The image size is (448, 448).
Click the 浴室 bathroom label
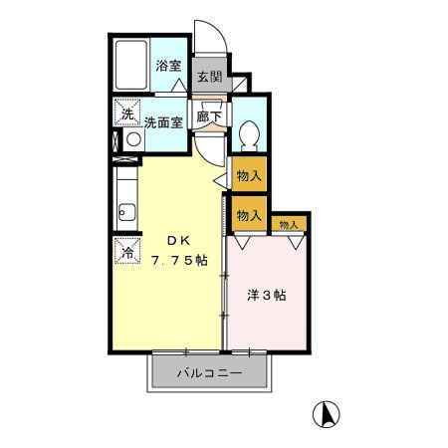[168, 67]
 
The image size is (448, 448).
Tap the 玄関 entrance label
[208, 77]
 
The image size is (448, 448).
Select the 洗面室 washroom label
[162, 123]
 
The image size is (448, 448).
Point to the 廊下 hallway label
[208, 115]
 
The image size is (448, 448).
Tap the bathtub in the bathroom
[129, 67]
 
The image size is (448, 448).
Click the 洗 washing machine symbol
[127, 113]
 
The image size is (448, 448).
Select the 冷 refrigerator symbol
[128, 252]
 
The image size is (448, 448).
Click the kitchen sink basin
[126, 211]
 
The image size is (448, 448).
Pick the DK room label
[177, 240]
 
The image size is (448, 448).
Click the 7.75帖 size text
[179, 260]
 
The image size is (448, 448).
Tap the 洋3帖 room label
[268, 295]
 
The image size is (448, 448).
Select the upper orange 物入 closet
[249, 177]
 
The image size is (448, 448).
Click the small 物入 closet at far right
[289, 225]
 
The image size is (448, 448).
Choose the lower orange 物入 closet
[249, 213]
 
